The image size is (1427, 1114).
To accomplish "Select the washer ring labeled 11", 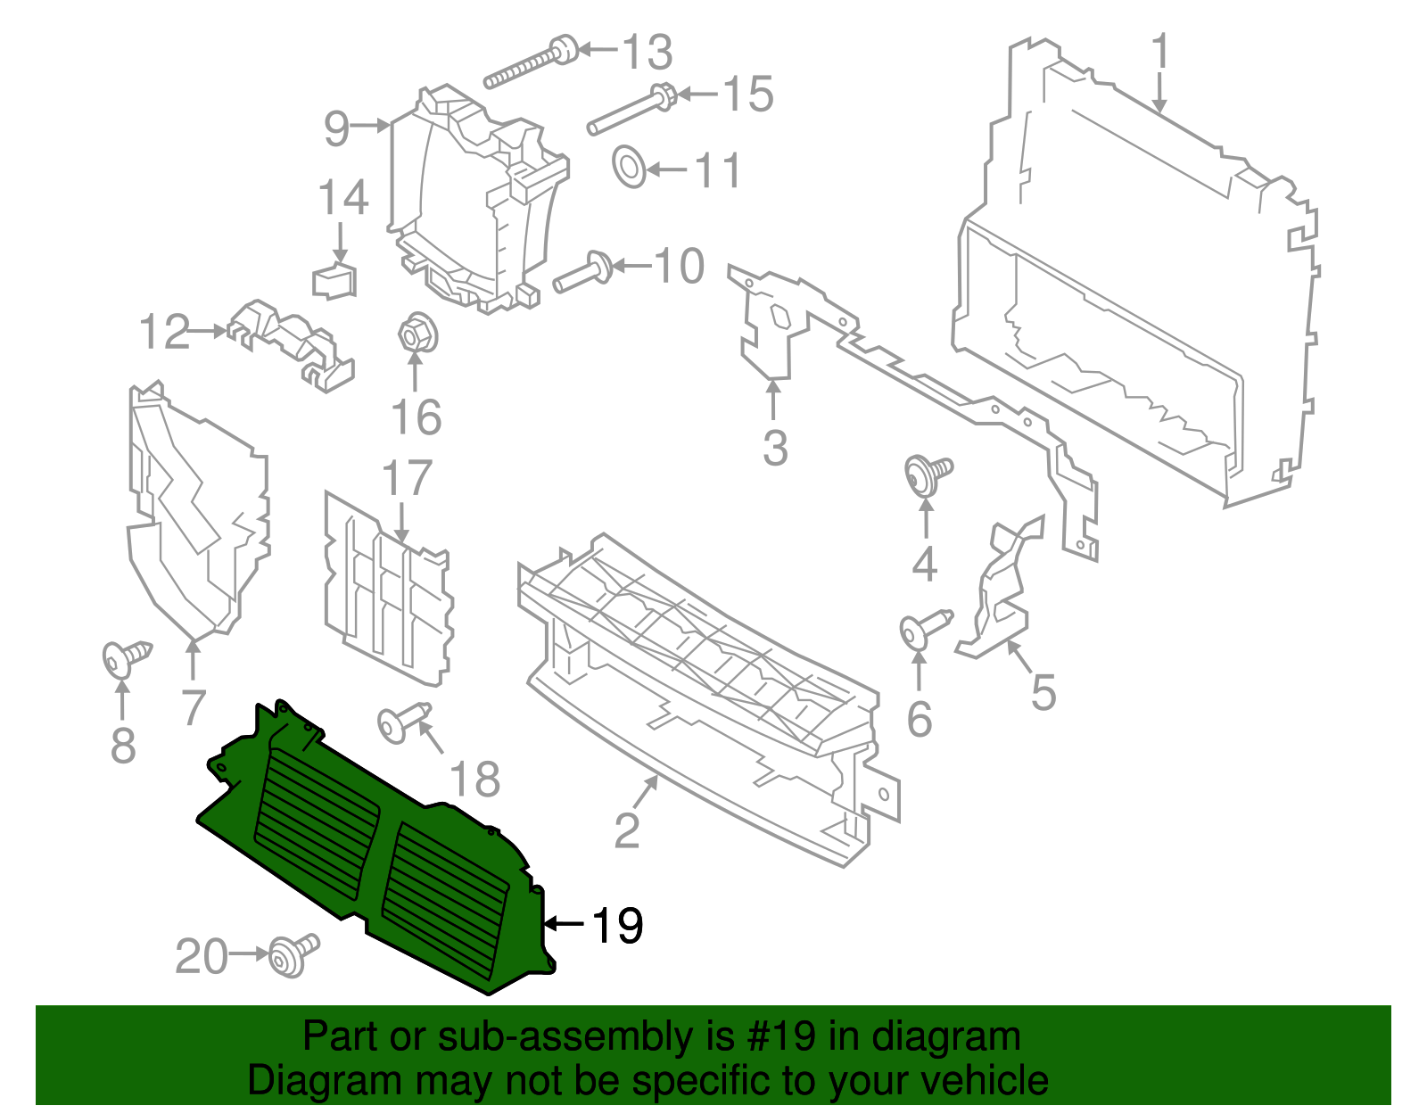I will (x=630, y=168).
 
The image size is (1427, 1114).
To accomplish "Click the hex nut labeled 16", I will (x=414, y=336).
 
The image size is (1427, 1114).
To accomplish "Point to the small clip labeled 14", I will (x=335, y=280).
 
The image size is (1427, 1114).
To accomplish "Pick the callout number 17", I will (x=407, y=480).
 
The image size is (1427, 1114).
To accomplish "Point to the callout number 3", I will (x=775, y=449).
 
